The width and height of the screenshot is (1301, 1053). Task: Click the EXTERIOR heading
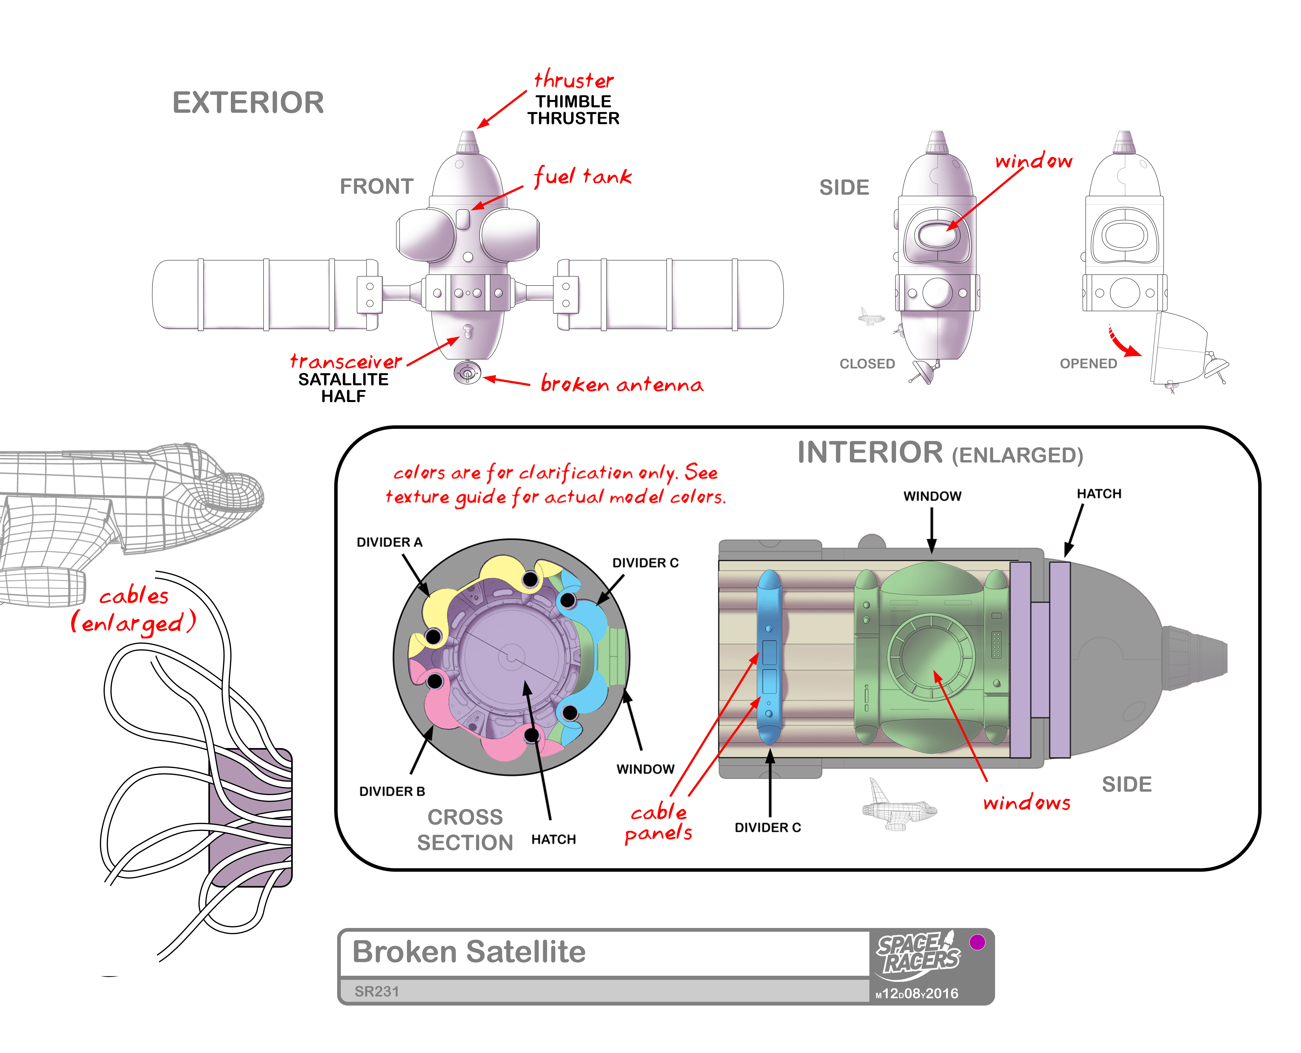pos(248,103)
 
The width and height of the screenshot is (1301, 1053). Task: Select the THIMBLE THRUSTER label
pos(573,110)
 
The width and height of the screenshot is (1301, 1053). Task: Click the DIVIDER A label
pos(389,542)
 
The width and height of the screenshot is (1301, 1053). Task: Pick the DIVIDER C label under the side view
pos(768,827)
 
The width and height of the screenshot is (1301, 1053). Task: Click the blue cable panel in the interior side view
pos(769,658)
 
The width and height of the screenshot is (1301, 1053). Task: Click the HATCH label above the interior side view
pos(1099,494)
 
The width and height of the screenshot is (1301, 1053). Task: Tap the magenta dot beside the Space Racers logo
pos(977,942)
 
